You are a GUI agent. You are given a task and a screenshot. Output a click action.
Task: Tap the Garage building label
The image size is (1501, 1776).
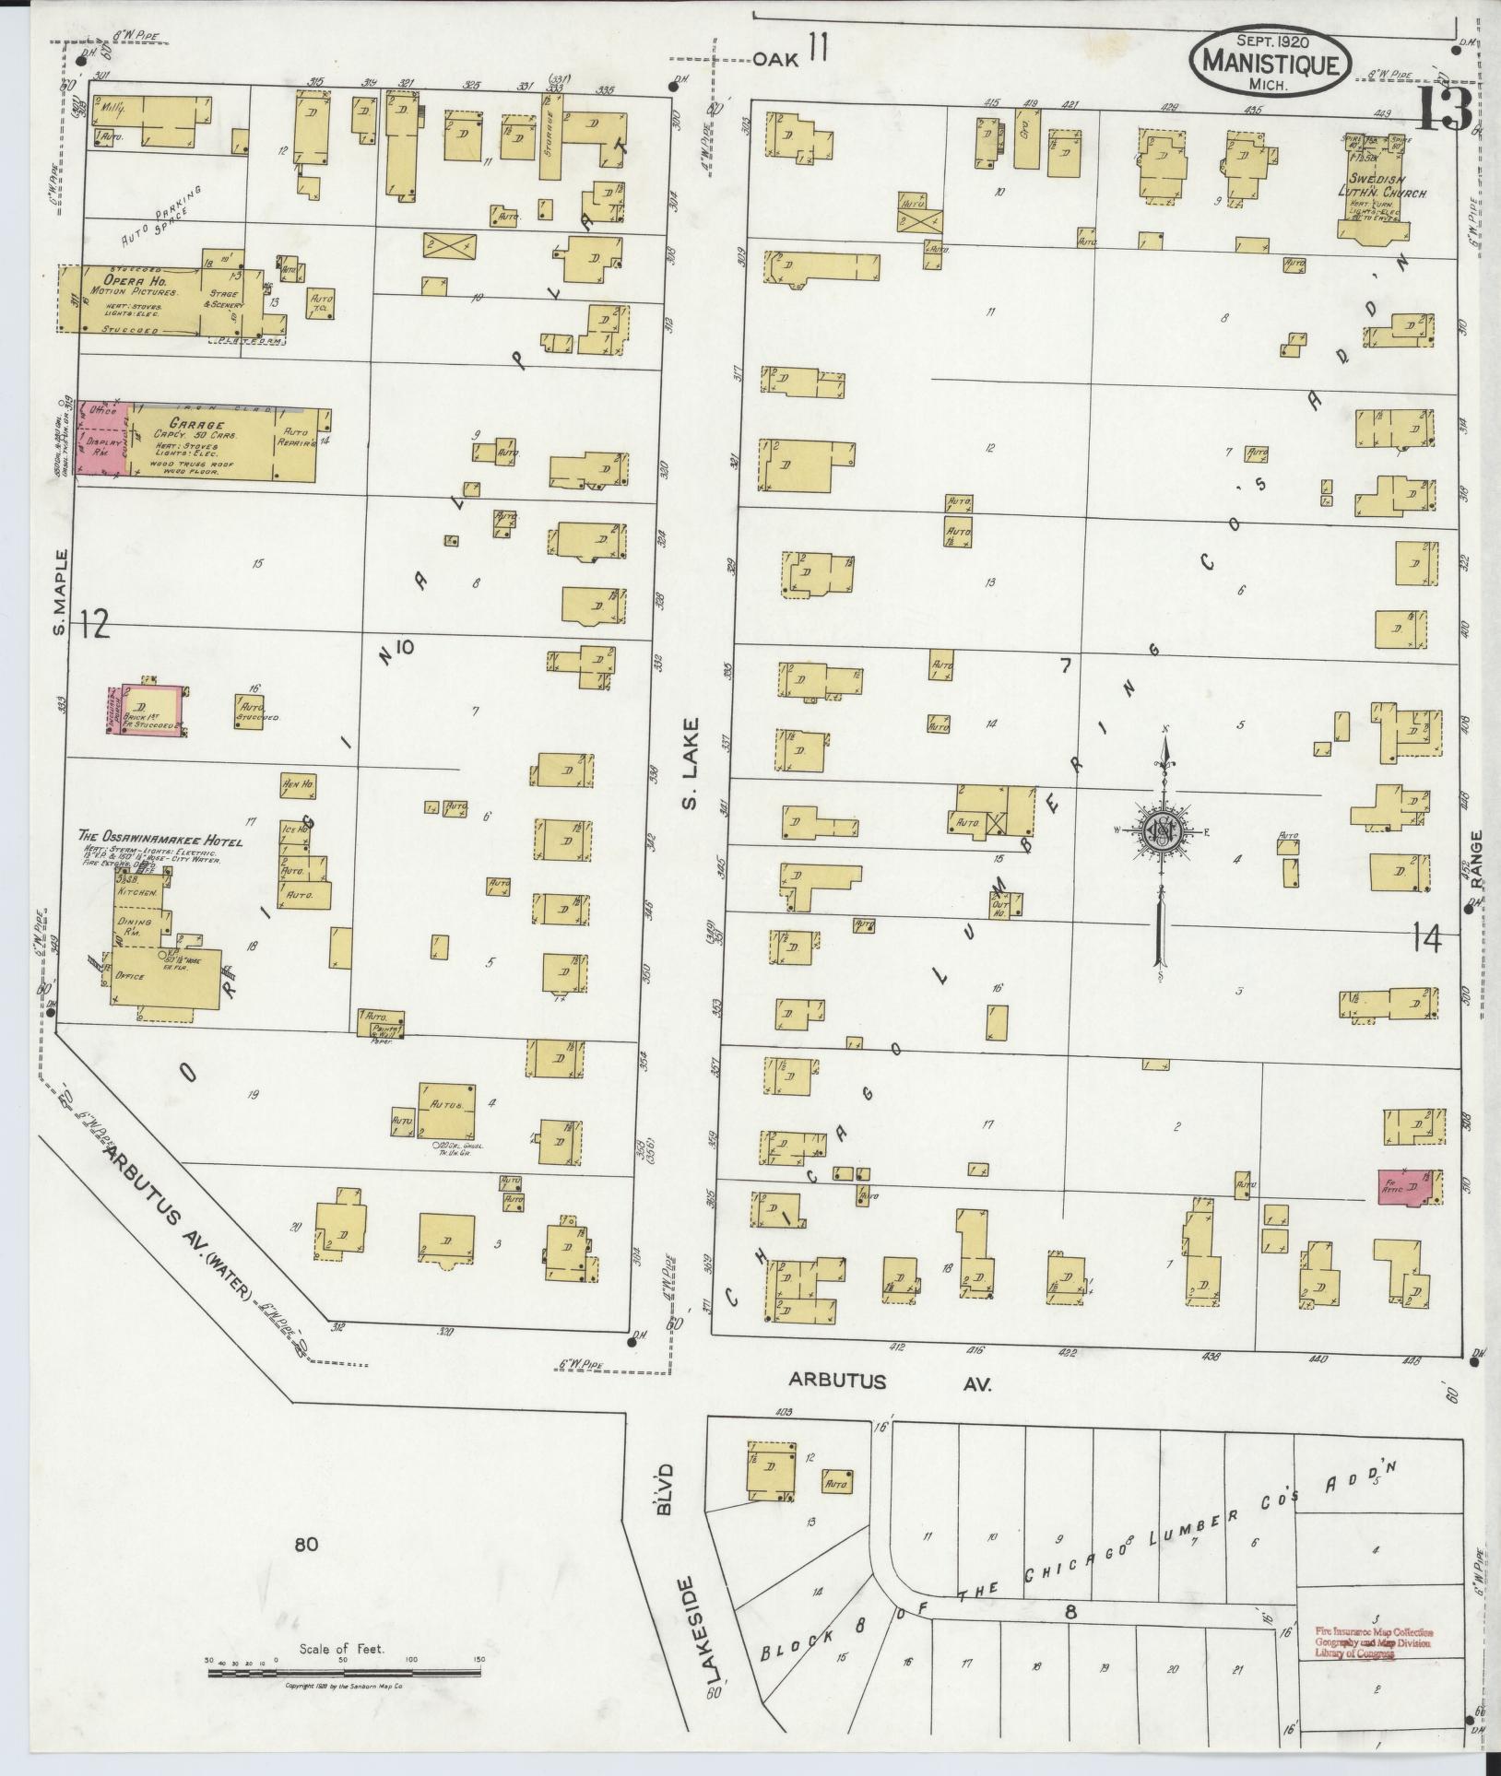coord(184,425)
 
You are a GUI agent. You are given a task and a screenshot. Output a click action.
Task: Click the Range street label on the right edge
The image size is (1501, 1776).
coord(1475,859)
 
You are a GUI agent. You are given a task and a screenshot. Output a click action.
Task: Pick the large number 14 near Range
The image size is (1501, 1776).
coord(1425,939)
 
